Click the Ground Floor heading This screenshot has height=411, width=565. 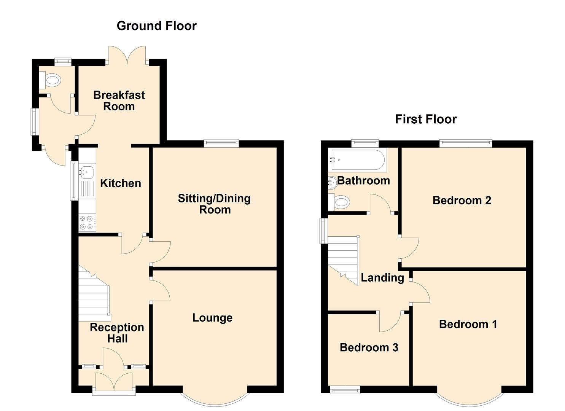click(157, 26)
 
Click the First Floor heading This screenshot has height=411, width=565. click(426, 119)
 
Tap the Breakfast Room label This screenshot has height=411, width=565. click(119, 101)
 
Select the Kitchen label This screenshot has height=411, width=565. click(121, 183)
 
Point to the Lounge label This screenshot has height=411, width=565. click(212, 318)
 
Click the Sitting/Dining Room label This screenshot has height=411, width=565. click(215, 204)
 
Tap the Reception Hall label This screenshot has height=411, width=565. click(117, 333)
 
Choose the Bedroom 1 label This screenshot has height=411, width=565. click(468, 324)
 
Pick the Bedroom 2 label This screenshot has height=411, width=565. click(462, 200)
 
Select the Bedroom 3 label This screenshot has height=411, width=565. click(369, 347)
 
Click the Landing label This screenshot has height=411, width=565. click(382, 278)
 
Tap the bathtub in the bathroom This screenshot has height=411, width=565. click(357, 160)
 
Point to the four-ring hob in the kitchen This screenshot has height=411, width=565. click(87, 223)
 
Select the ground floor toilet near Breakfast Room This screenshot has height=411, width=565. click(50, 80)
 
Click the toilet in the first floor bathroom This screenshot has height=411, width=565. click(339, 202)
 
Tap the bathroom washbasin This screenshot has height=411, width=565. click(333, 183)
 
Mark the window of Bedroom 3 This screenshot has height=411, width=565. click(345, 390)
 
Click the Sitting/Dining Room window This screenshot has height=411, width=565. click(221, 143)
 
